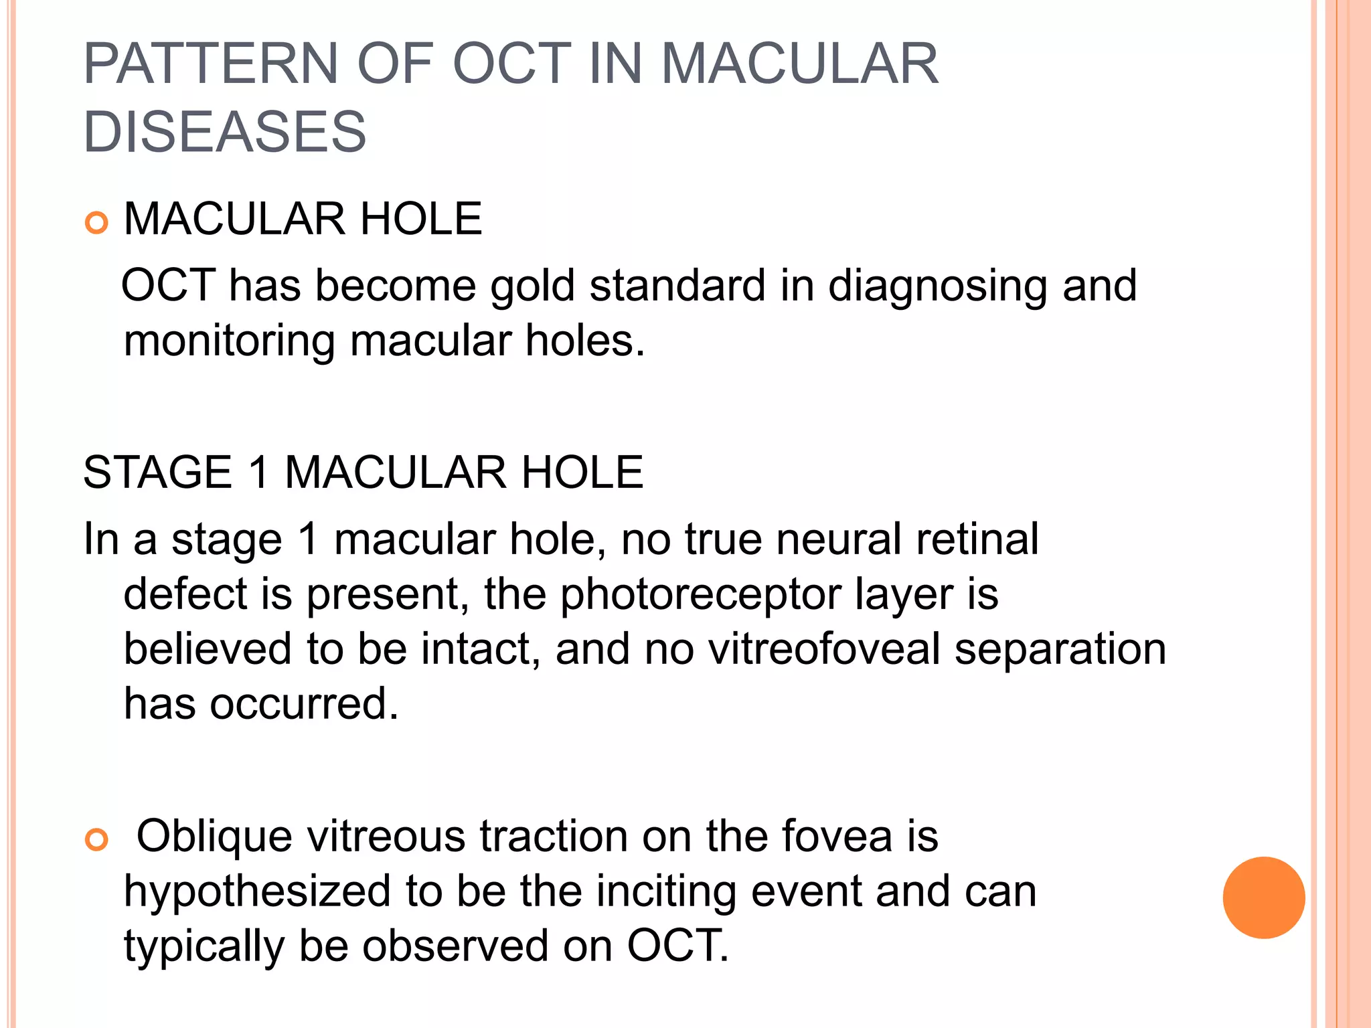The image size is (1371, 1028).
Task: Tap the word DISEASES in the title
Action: coord(225,131)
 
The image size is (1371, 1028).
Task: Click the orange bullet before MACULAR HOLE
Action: coord(97,223)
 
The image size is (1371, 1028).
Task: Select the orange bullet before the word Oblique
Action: coord(97,839)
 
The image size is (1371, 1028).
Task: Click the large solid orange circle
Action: coord(1263,897)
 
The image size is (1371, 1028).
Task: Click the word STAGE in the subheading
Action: coord(157,473)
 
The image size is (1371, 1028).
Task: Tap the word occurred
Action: coord(305,704)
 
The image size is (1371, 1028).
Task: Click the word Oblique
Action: coord(214,837)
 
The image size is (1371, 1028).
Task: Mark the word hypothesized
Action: coord(258,893)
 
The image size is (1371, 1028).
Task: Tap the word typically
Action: coord(204,948)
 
